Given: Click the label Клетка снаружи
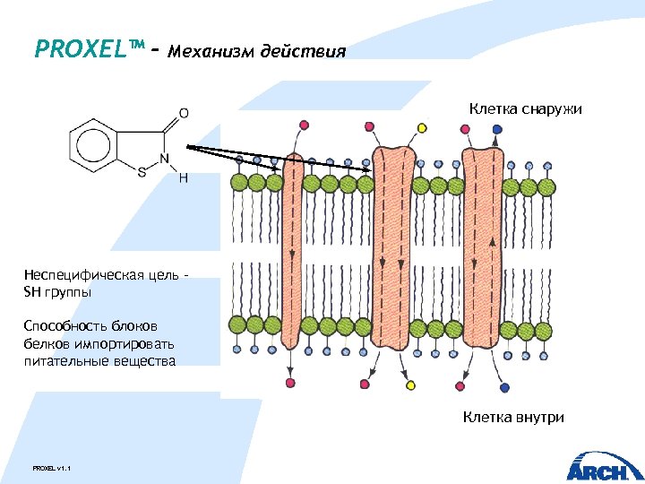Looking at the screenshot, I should click(526, 109).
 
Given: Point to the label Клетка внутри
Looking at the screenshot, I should click(513, 417).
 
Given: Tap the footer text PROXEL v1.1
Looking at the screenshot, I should click(51, 469).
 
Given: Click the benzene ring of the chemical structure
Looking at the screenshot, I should click(94, 144).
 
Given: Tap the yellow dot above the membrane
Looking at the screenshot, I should click(422, 127).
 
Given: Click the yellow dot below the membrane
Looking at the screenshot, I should click(411, 385).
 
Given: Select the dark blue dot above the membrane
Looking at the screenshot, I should click(497, 129).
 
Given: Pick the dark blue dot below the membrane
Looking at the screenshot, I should click(505, 387).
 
